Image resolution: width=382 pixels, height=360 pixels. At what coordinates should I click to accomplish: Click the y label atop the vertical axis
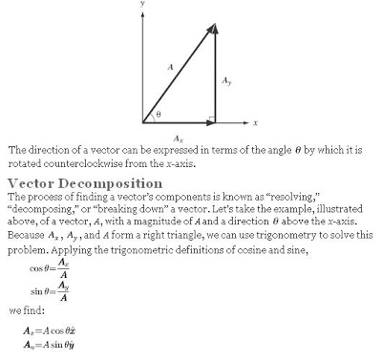141,4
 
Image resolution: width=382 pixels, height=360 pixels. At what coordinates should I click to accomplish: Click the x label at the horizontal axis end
256,122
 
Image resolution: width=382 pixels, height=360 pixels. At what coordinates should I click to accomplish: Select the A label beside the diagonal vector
169,68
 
